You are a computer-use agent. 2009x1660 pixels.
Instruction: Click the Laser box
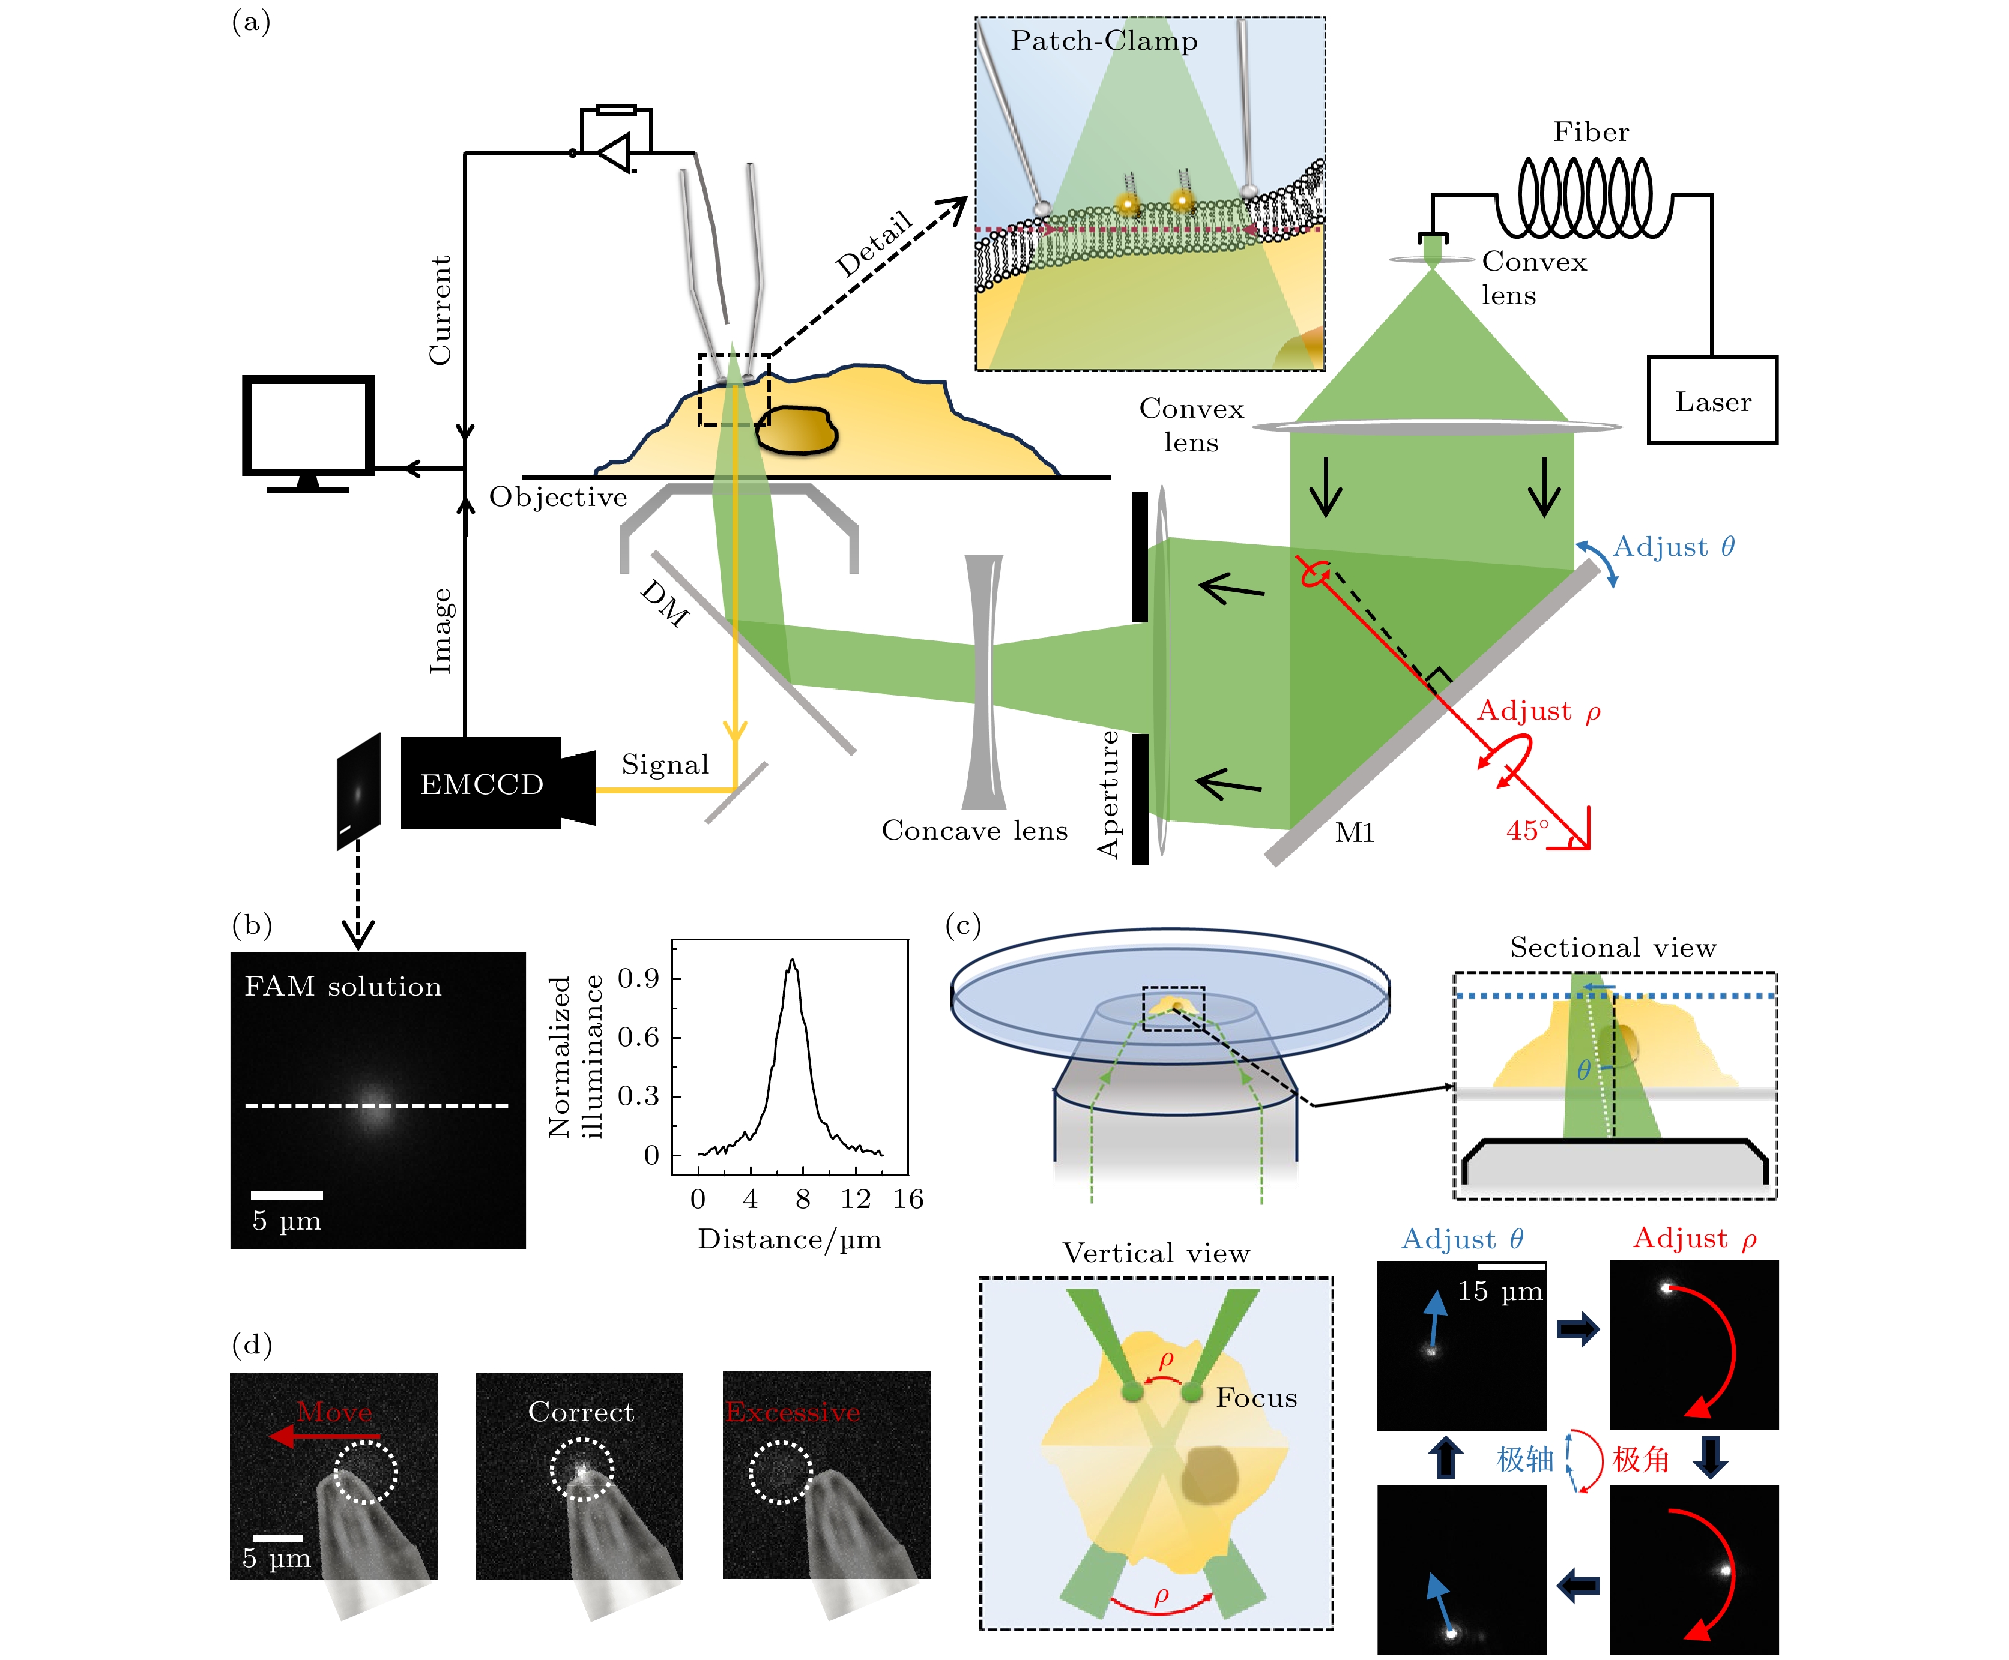[x=1711, y=401]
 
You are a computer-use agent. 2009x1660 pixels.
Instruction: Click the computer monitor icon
[x=308, y=427]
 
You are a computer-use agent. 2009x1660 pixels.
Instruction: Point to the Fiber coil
[x=1585, y=196]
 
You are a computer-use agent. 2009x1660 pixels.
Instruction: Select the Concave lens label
[x=974, y=830]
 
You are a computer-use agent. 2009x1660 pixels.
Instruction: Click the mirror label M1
[x=1354, y=833]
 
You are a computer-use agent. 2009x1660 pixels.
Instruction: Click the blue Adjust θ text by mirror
[x=1673, y=547]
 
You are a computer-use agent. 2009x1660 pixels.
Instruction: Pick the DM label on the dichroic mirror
[x=665, y=603]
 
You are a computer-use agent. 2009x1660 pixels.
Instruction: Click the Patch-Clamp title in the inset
[x=1104, y=41]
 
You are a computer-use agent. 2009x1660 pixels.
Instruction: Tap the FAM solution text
[x=342, y=986]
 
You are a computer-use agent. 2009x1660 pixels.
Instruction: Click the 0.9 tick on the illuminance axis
[x=638, y=978]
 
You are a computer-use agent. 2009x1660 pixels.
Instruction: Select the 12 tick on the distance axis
[x=854, y=1199]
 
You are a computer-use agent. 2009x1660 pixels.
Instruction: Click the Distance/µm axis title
[x=789, y=1239]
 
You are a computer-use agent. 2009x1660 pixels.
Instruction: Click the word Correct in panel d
[x=581, y=1412]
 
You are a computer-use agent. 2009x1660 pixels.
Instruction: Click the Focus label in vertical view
[x=1256, y=1398]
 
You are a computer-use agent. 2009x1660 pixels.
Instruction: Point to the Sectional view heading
[x=1613, y=948]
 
